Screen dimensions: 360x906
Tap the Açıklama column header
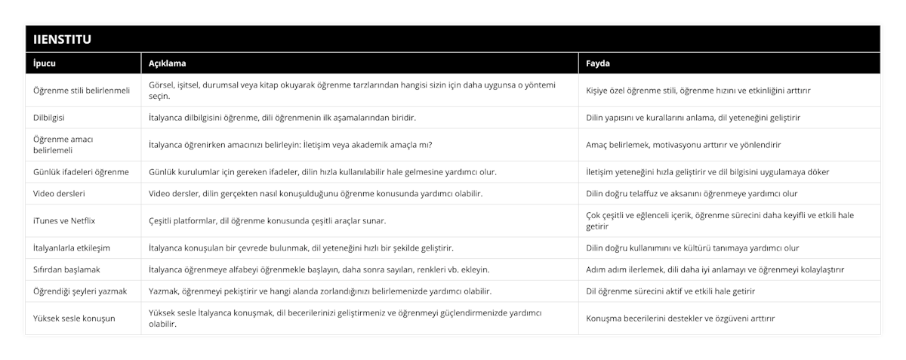(x=168, y=63)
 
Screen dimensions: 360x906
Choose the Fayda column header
(x=599, y=63)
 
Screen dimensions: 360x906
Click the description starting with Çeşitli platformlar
(x=267, y=220)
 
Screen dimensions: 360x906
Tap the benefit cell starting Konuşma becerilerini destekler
(x=680, y=318)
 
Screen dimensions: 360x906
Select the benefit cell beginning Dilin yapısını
(x=694, y=118)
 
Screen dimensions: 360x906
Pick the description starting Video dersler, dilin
(x=316, y=193)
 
